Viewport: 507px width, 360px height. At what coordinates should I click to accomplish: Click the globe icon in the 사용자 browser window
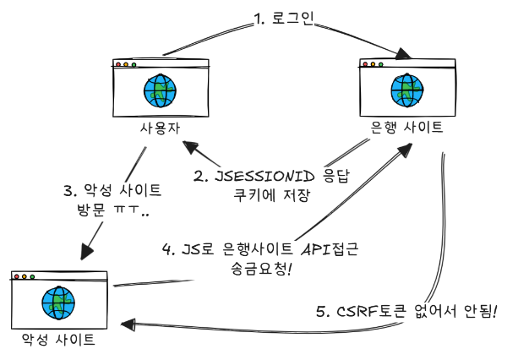(x=159, y=90)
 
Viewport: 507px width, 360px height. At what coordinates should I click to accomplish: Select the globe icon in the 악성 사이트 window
(x=57, y=302)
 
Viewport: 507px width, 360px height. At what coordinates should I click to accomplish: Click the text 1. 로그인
(x=282, y=19)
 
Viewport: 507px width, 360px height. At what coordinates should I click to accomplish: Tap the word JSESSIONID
(x=263, y=177)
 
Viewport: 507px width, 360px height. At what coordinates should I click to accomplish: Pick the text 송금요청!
(x=254, y=269)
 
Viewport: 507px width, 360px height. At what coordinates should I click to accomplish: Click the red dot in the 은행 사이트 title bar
(x=364, y=64)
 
